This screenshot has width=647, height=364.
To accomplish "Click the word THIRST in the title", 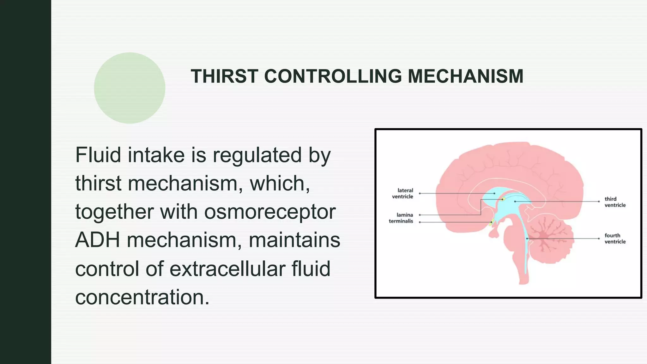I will pos(224,76).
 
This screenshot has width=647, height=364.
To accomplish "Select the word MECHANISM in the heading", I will pos(465,76).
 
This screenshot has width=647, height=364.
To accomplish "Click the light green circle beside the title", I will pos(130,88).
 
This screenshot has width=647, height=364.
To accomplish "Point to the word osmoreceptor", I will pos(270,212).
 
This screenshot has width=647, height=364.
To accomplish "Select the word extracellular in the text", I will pos(228,269).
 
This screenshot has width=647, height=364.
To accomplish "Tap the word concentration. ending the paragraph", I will pos(142,297).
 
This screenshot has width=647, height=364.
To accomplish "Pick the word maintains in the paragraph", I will pos(294,240).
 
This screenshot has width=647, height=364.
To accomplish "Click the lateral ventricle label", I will pos(403,193).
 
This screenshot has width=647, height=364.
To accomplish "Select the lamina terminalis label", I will pos(401,218).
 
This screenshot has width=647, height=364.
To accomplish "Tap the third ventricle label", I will pos(615,202).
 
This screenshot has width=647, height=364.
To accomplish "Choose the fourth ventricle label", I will pos(615,239).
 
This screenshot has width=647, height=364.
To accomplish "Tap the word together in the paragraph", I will pos(115,212).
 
